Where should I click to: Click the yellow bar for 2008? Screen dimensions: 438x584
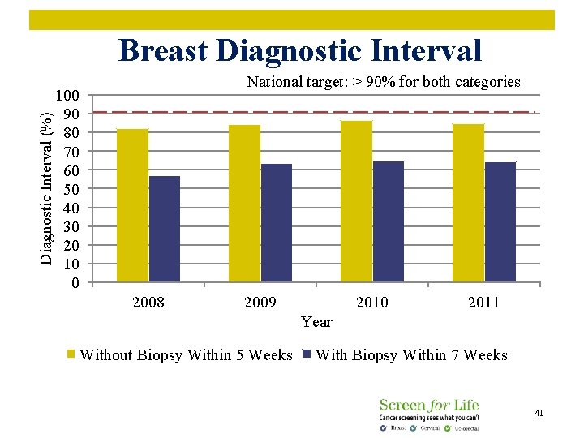coord(132,206)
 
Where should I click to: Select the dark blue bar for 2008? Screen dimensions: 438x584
coord(165,230)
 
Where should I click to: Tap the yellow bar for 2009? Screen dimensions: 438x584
coord(244,204)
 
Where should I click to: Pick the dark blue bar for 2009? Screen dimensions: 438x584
coord(277,223)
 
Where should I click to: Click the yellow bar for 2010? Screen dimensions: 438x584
coord(356,202)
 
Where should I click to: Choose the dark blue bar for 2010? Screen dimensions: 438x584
coord(389,222)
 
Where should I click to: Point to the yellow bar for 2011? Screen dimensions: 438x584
coord(468,204)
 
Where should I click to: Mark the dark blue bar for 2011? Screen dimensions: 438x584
coord(500,222)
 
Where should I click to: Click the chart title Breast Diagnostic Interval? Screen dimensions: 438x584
coord(299,50)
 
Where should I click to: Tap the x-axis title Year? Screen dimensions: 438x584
coord(316,322)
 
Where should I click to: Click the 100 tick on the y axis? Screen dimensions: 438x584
coord(67,95)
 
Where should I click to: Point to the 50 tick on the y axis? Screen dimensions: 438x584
coord(71,189)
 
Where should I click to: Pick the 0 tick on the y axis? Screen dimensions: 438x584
coord(75,283)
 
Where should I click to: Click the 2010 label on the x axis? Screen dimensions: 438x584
coord(371,303)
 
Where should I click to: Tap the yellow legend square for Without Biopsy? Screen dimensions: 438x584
coord(71,354)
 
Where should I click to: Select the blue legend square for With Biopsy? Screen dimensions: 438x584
coord(307,354)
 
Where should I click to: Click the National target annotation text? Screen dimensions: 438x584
coord(383,82)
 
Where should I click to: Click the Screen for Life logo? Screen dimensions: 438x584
coord(429,414)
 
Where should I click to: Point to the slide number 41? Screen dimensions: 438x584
coord(539,414)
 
